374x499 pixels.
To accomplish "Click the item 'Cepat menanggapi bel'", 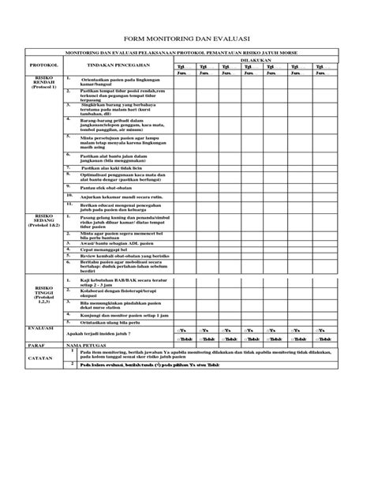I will (x=107, y=250).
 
